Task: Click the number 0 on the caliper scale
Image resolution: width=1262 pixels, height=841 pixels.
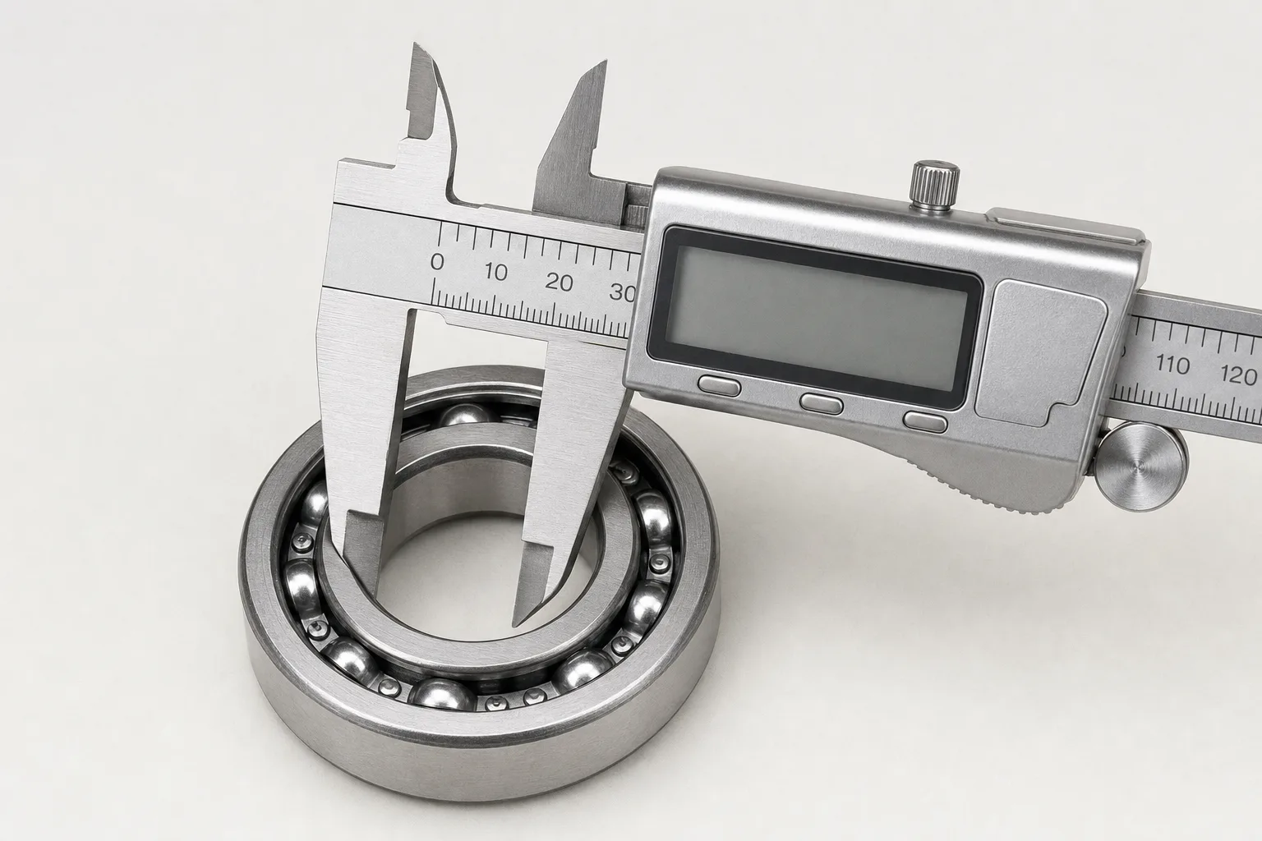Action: tap(436, 262)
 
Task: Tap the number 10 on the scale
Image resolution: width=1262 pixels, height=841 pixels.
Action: tap(495, 273)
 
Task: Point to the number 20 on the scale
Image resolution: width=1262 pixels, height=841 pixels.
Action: tap(559, 283)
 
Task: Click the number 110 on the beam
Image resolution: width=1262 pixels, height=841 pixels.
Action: tap(1172, 365)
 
